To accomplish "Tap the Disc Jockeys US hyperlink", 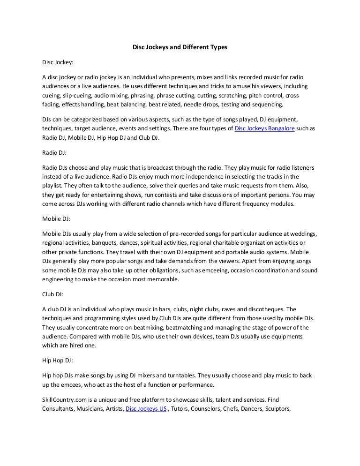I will pyautogui.click(x=146, y=408).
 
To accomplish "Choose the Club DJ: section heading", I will pyautogui.click(x=53, y=295).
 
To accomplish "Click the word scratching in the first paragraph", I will pyautogui.click(x=219, y=95).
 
